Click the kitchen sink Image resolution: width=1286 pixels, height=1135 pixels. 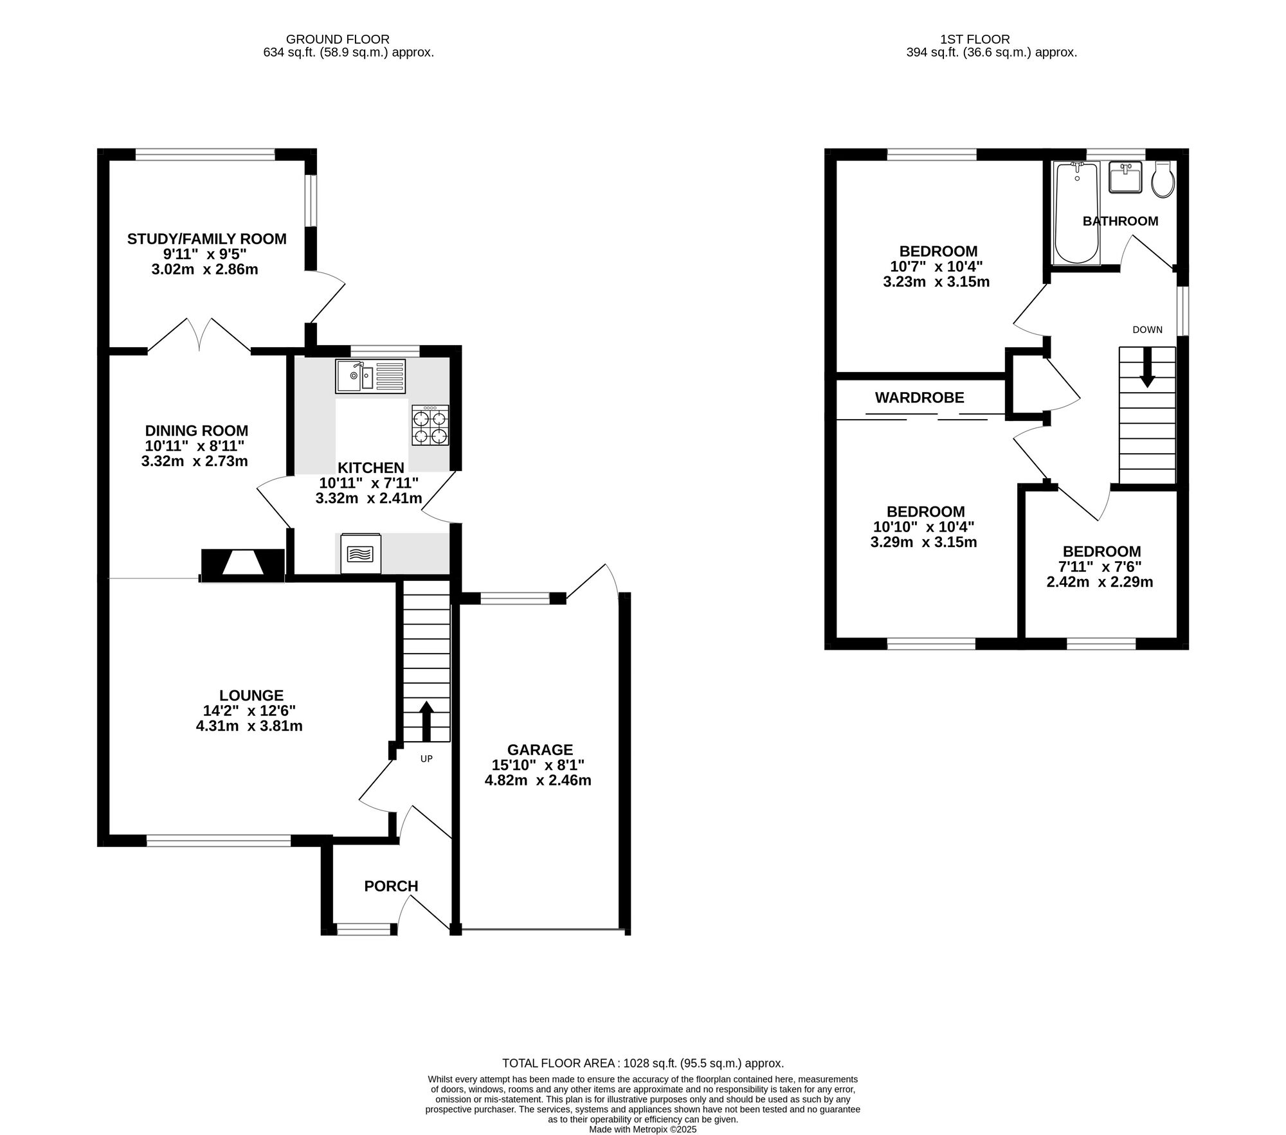coord(370,376)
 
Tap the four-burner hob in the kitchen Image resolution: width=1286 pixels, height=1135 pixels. coord(430,425)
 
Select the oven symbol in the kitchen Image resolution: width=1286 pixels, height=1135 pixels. coord(360,553)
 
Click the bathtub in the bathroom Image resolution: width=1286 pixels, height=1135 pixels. coord(1077,213)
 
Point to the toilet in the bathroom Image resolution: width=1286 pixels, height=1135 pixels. coord(1164,179)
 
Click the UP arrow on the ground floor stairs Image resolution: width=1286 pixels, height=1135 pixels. coord(426,722)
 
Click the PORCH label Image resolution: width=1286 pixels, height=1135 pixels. coord(391,886)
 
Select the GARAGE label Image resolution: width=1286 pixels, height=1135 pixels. coord(540,749)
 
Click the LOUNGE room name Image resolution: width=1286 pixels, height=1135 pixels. coord(251,695)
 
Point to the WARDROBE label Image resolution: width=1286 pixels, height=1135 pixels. coord(919,398)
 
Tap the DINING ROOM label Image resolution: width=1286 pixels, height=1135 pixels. coord(197,431)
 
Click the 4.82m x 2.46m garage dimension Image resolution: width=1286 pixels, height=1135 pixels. coord(538,781)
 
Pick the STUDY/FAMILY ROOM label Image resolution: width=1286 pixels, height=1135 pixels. coord(207,239)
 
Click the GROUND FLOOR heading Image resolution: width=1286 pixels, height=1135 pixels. coord(338,40)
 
